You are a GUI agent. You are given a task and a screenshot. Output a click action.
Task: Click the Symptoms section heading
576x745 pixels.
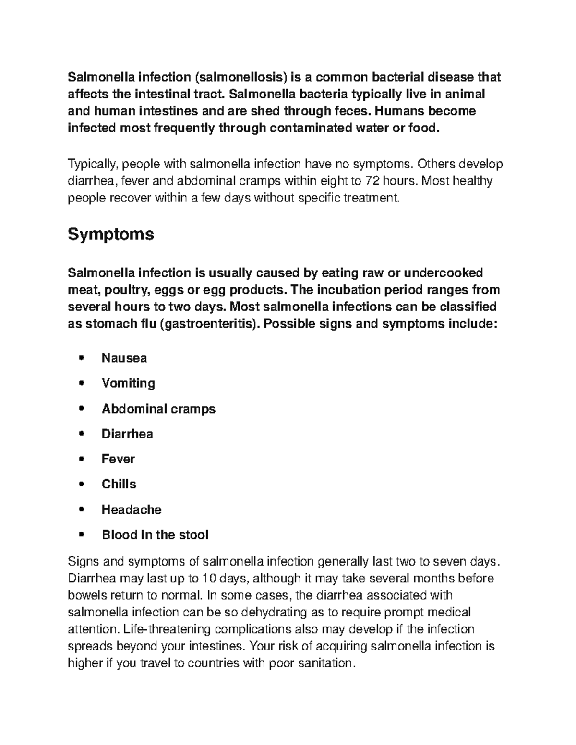(111, 235)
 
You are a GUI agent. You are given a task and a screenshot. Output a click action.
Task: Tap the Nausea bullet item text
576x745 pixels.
(124, 358)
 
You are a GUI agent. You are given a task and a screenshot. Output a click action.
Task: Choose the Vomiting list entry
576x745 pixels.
(128, 383)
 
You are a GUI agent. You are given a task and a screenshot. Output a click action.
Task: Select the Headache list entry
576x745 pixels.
(132, 509)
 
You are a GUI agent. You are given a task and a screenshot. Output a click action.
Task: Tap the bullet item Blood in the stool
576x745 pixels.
(155, 535)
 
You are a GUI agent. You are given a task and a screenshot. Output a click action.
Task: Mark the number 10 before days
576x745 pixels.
(207, 579)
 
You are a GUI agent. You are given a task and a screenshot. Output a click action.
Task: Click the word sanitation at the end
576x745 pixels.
(327, 663)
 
